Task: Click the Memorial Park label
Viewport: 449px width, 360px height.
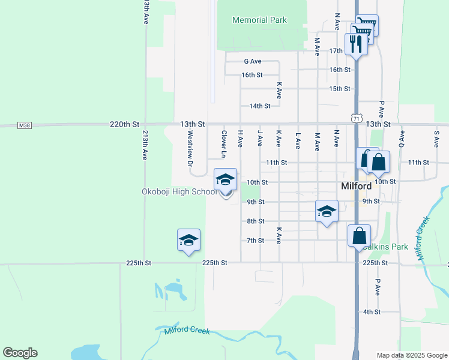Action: [259, 20]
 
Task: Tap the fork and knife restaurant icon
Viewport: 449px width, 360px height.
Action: [356, 43]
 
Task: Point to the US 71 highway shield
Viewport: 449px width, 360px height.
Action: [356, 119]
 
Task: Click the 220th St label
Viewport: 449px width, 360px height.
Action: [124, 124]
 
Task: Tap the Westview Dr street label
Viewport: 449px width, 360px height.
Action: [190, 149]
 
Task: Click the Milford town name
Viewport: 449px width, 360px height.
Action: [356, 186]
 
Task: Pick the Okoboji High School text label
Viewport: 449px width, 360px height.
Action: [179, 192]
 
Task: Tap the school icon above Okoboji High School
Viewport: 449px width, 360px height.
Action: [225, 180]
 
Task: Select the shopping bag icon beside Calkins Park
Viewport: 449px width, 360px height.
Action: [359, 236]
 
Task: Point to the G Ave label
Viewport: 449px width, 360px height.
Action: [253, 61]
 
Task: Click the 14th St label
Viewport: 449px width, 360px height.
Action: [260, 106]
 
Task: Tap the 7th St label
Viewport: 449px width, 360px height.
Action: [256, 241]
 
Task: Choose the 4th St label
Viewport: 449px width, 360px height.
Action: [372, 312]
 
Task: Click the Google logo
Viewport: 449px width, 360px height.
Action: [20, 353]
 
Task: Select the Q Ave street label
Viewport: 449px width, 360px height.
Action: [402, 138]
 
